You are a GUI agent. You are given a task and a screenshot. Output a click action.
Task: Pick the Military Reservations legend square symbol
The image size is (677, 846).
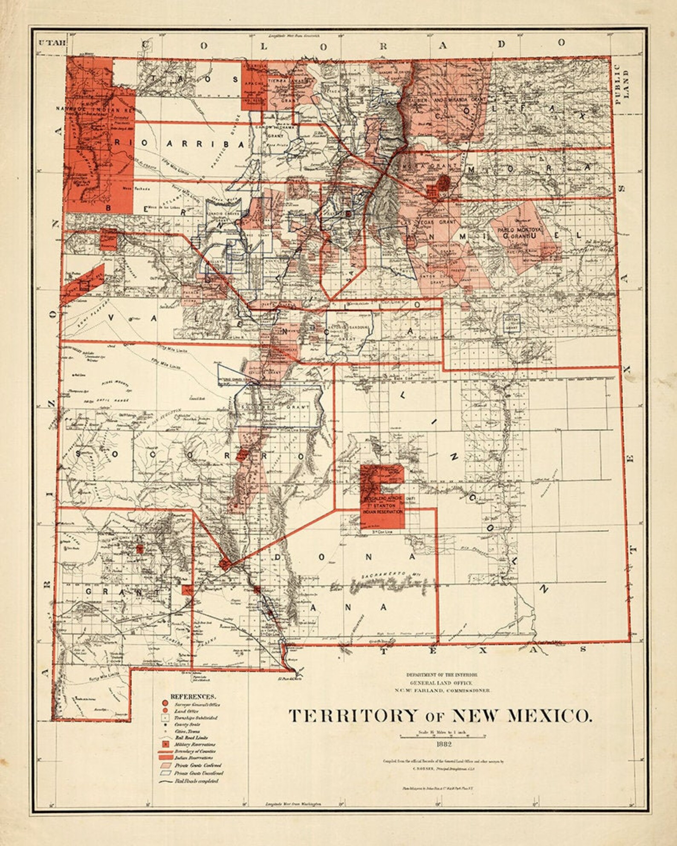tap(164, 744)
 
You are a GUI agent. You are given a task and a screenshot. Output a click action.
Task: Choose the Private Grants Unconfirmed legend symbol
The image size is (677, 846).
tap(165, 772)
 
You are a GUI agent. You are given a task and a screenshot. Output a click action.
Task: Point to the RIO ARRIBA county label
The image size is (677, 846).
tap(179, 144)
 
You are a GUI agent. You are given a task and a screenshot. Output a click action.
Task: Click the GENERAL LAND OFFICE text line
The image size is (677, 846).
tap(442, 683)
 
